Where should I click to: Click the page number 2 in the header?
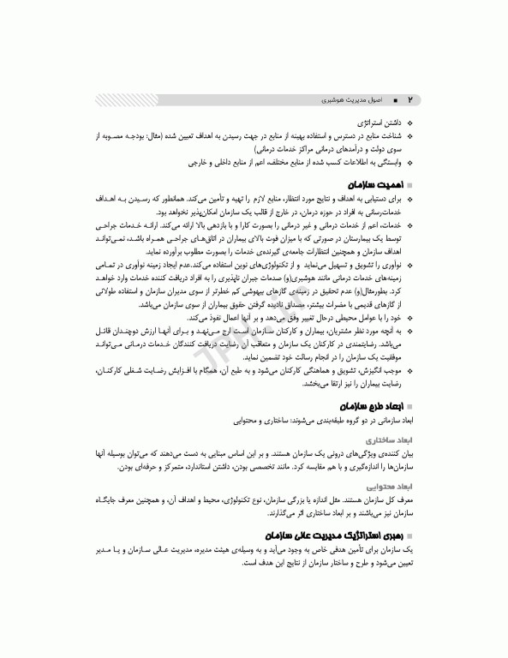click(x=409, y=99)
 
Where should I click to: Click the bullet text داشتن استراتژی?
click(x=380, y=123)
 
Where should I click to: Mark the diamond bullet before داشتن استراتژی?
click(x=409, y=123)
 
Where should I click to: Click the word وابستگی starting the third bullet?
click(x=390, y=160)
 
